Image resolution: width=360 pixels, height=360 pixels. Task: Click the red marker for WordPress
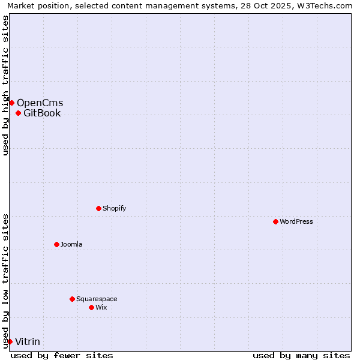[275, 221]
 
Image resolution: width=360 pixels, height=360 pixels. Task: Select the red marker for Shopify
[98, 208]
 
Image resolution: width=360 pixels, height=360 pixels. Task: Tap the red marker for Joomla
[56, 244]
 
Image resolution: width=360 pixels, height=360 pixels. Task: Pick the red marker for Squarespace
[72, 299]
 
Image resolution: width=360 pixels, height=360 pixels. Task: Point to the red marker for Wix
[91, 307]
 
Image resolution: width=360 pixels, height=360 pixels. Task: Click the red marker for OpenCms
[11, 103]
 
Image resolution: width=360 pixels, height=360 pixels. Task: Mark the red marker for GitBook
[18, 113]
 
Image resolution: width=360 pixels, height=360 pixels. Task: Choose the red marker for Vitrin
[10, 341]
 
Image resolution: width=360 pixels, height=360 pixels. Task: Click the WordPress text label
[296, 221]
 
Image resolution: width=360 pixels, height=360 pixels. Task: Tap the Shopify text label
[114, 208]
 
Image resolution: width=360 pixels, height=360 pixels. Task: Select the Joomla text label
[71, 244]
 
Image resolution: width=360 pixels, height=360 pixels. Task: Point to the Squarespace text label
[97, 299]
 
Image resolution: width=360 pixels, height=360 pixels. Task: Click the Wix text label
[101, 307]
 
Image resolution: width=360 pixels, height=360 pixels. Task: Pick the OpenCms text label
[40, 103]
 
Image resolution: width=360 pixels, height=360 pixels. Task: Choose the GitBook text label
[42, 113]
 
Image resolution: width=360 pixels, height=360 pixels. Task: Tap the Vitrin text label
[28, 341]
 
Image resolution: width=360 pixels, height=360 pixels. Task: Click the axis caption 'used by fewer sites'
[62, 355]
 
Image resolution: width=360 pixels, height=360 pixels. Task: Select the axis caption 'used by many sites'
[301, 355]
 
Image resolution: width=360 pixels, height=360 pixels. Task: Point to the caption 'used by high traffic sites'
[6, 85]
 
